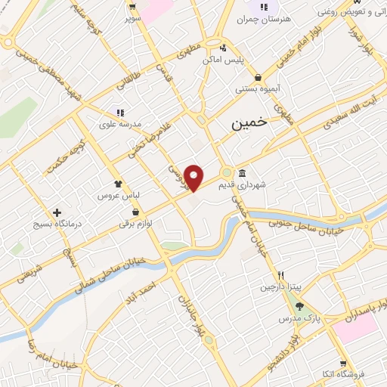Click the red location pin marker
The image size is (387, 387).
pyautogui.click(x=194, y=177)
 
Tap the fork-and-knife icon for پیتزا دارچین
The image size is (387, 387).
pyautogui.click(x=280, y=275)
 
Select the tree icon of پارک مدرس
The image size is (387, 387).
pyautogui.click(x=299, y=306)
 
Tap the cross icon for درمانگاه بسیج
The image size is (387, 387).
pyautogui.click(x=57, y=212)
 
